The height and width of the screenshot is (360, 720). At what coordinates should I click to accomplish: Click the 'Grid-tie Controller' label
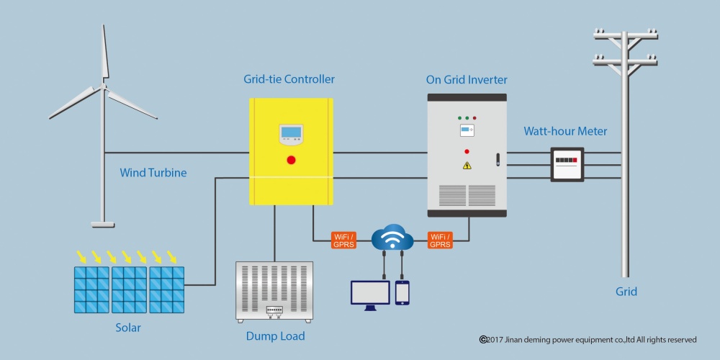(x=289, y=79)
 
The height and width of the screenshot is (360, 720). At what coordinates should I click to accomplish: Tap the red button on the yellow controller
(x=291, y=161)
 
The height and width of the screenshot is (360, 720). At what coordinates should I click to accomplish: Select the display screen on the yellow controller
(x=291, y=132)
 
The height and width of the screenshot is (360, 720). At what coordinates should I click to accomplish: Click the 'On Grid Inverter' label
(x=467, y=79)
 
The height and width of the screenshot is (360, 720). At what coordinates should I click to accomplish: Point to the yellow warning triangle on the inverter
(x=467, y=166)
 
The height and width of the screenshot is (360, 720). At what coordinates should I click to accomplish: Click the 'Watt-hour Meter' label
(x=565, y=131)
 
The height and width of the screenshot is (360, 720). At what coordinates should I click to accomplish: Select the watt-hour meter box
(x=567, y=164)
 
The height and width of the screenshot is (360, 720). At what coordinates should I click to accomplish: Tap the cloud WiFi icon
(x=392, y=236)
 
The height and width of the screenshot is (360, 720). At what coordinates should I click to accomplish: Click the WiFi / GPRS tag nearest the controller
(x=344, y=240)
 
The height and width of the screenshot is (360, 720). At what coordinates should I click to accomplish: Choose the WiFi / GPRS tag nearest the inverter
(x=440, y=240)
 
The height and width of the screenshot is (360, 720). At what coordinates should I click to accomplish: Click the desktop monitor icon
(x=370, y=295)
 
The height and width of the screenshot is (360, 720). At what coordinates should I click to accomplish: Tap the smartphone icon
(x=402, y=292)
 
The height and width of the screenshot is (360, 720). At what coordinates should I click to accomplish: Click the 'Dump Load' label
(x=275, y=336)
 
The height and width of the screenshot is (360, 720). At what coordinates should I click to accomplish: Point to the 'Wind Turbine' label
(x=153, y=173)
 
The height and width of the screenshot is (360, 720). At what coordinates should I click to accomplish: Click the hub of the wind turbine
(x=103, y=86)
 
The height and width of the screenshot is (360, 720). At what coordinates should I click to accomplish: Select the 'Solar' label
(x=128, y=328)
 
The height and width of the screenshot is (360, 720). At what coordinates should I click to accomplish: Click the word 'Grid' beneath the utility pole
(x=626, y=292)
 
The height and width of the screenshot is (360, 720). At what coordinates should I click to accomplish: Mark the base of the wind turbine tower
(x=102, y=225)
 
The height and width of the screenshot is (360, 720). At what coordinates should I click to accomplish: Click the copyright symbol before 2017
(x=482, y=339)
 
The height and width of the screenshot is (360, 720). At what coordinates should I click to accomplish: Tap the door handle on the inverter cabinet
(x=498, y=160)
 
